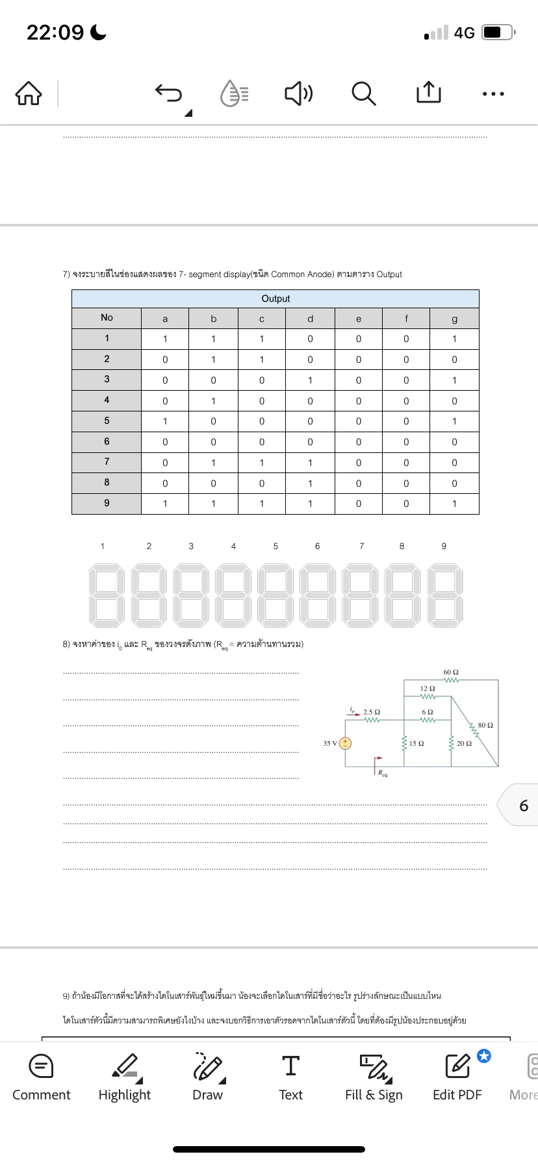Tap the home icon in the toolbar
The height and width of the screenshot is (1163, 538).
[29, 93]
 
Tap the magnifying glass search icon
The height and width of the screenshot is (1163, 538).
[363, 93]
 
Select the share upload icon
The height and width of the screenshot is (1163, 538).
[428, 93]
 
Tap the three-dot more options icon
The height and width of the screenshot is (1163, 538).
[493, 94]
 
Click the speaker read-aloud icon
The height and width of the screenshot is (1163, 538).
[299, 93]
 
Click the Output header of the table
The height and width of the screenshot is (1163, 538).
[275, 299]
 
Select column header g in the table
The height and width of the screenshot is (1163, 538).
[454, 318]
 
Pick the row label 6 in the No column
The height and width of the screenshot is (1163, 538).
[107, 441]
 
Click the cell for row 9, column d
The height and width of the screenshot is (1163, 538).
[310, 504]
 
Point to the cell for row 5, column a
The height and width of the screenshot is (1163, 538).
[165, 421]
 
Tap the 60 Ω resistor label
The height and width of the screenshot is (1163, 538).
[451, 672]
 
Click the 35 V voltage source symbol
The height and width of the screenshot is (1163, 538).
[346, 743]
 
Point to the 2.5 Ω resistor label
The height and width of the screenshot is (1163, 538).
[372, 712]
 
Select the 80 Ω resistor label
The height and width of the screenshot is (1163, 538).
[485, 725]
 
